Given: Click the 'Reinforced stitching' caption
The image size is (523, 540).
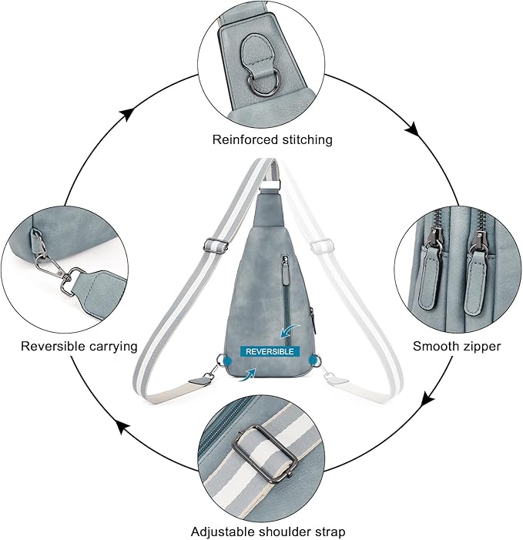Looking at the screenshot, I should pos(261,139).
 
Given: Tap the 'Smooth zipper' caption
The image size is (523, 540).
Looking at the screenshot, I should pos(456,346).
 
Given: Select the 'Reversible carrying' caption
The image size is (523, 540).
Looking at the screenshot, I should pos(79,346).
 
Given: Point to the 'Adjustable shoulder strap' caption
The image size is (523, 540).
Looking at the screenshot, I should pos(268,532).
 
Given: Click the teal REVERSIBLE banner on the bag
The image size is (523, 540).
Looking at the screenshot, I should pos(269,351).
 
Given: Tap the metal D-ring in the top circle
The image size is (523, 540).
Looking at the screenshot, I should pos(260,75).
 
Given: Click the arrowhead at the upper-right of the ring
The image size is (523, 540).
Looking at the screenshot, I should pos(413,129).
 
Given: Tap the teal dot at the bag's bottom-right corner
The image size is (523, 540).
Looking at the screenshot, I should pos(311,359).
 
